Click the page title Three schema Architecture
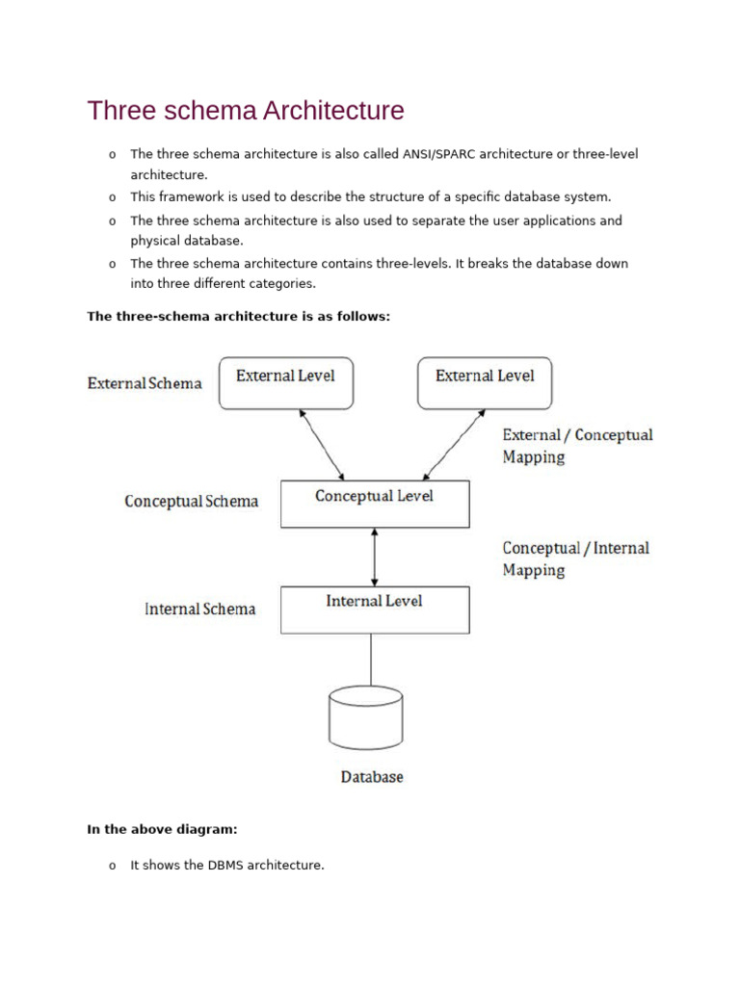tap(246, 111)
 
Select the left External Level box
tap(285, 382)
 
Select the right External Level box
tap(484, 382)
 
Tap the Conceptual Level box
tap(375, 504)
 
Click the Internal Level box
tap(375, 610)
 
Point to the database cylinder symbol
tap(365, 717)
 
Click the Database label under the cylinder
tap(372, 776)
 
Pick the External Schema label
tap(145, 383)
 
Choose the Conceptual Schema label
tap(191, 502)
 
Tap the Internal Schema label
tap(199, 609)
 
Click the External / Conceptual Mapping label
tap(576, 446)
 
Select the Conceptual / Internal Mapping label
tap(575, 558)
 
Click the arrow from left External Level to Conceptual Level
tap(322, 443)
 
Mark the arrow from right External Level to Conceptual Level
tap(452, 443)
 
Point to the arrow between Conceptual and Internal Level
tap(375, 557)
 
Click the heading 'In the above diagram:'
tap(162, 828)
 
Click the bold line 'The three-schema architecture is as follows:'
tap(238, 316)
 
